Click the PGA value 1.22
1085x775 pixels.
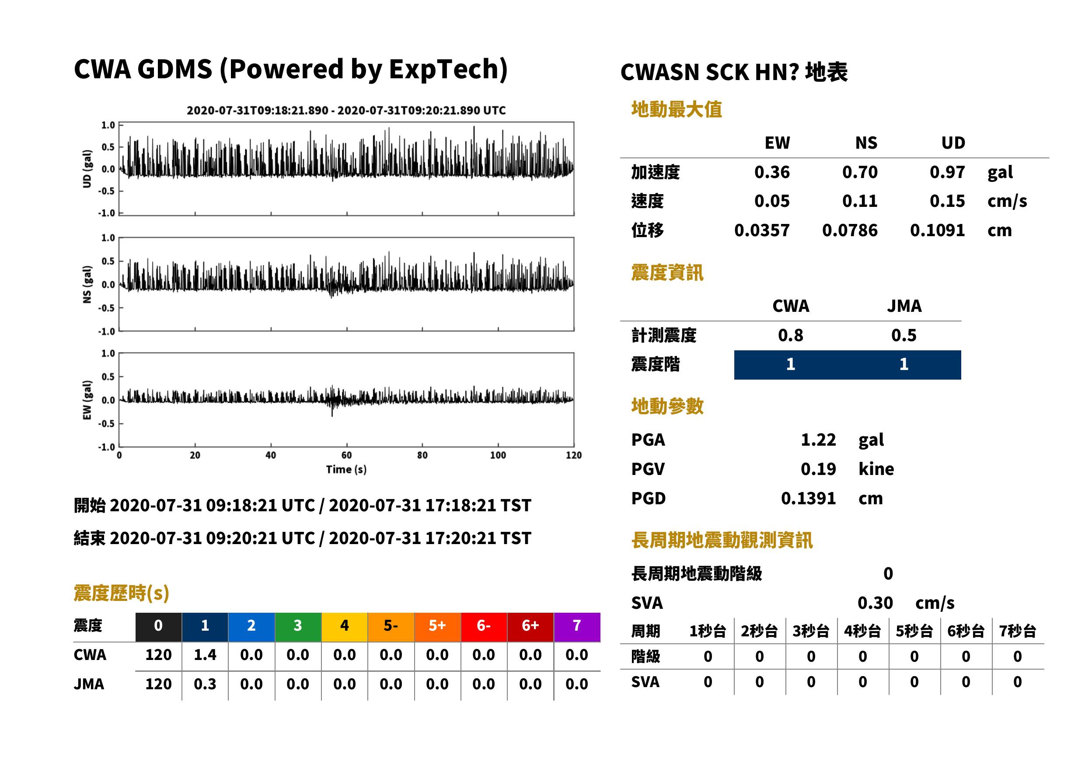[818, 440]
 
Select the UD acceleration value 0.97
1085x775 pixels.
[947, 172]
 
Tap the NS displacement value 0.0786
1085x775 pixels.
[850, 230]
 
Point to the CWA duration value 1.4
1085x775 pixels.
[205, 655]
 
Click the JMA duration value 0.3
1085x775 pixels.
[205, 684]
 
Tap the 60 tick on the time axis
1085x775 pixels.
[346, 455]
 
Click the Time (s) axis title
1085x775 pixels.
[346, 470]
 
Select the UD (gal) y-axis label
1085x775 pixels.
[87, 169]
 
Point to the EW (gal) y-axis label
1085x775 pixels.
[87, 400]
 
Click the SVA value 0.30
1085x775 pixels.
[875, 603]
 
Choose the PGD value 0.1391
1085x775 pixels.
[808, 499]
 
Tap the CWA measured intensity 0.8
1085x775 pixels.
[791, 335]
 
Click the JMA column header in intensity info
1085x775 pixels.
[904, 306]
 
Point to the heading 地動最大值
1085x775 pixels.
[677, 109]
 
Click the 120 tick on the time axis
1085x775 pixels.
[573, 455]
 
